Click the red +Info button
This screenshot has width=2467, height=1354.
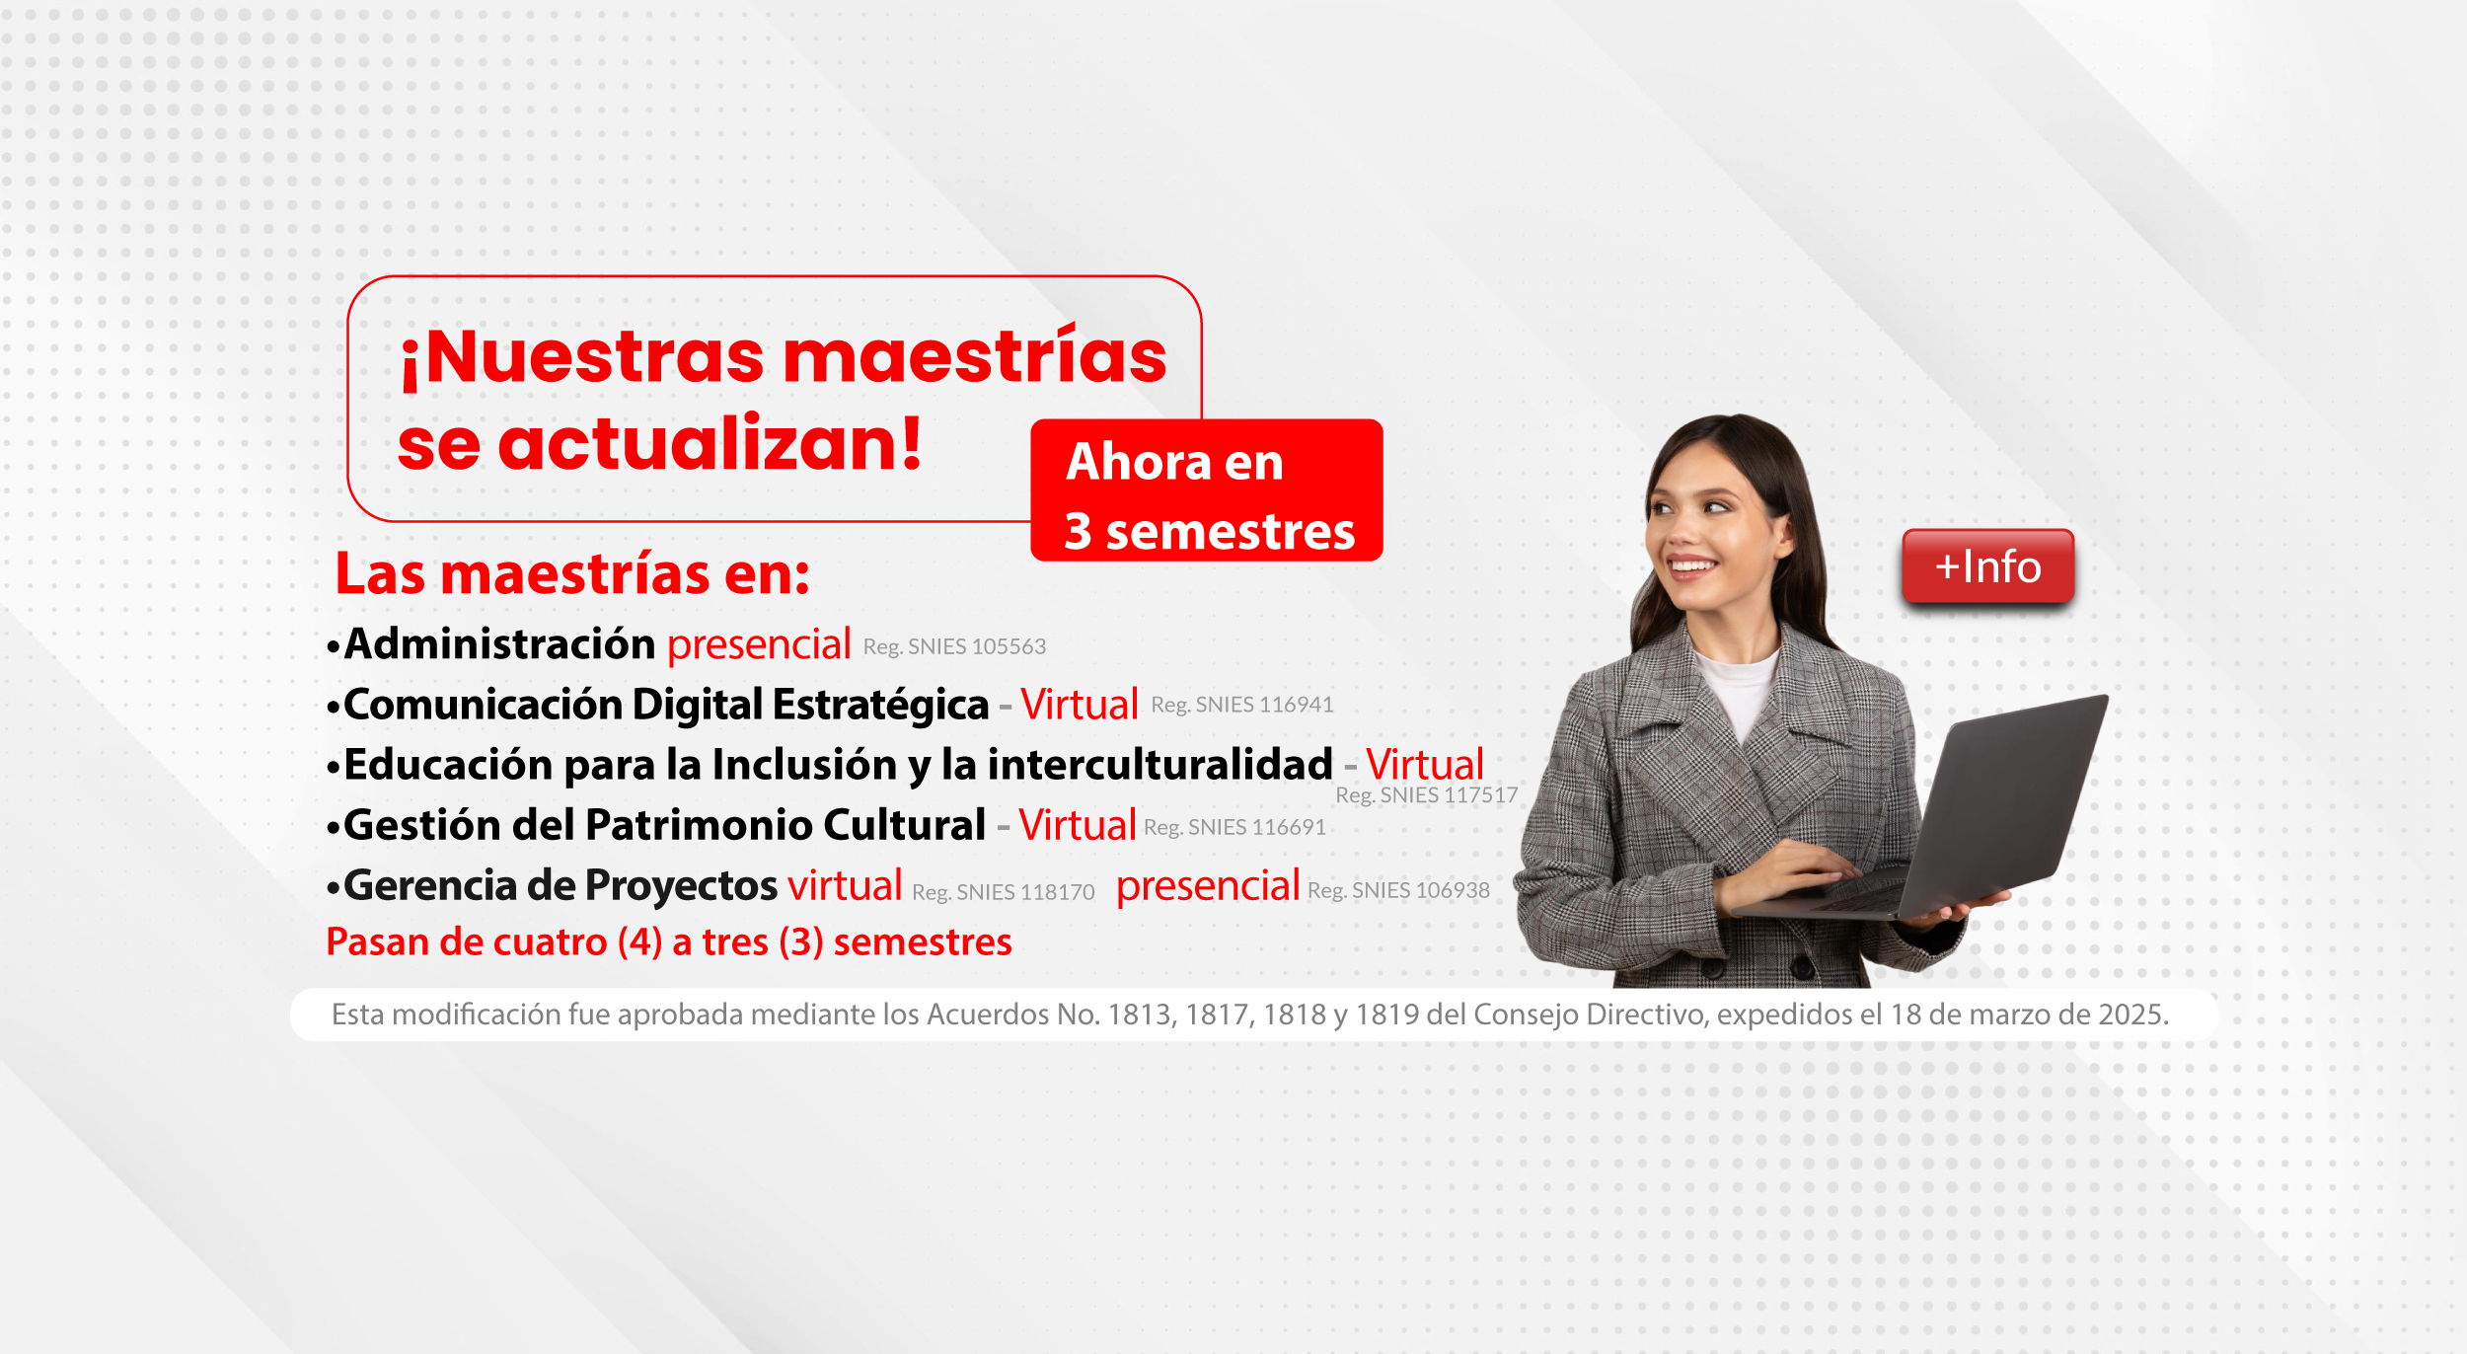[1987, 566]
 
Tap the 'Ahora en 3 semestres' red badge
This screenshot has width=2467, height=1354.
[1206, 491]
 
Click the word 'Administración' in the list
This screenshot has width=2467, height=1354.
[499, 644]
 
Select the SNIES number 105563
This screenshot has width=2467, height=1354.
[1009, 647]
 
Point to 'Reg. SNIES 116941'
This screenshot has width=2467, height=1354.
[1241, 705]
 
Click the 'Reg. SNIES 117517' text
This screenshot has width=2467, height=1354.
[1426, 795]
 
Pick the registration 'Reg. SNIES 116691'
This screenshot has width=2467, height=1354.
[1234, 827]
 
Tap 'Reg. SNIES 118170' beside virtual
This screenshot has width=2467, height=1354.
[1003, 892]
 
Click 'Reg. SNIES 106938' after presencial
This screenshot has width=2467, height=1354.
[1398, 890]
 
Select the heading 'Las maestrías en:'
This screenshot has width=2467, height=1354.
[572, 574]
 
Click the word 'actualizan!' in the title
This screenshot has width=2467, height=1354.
[710, 444]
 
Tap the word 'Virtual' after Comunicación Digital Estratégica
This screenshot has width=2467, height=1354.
[1080, 705]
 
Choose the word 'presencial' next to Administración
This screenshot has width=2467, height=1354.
[759, 644]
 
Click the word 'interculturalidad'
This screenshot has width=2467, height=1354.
[1160, 765]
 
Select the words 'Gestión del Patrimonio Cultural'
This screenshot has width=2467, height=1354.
[664, 825]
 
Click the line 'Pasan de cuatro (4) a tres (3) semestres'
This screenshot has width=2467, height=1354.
[668, 942]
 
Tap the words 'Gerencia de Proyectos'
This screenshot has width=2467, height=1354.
[561, 885]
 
